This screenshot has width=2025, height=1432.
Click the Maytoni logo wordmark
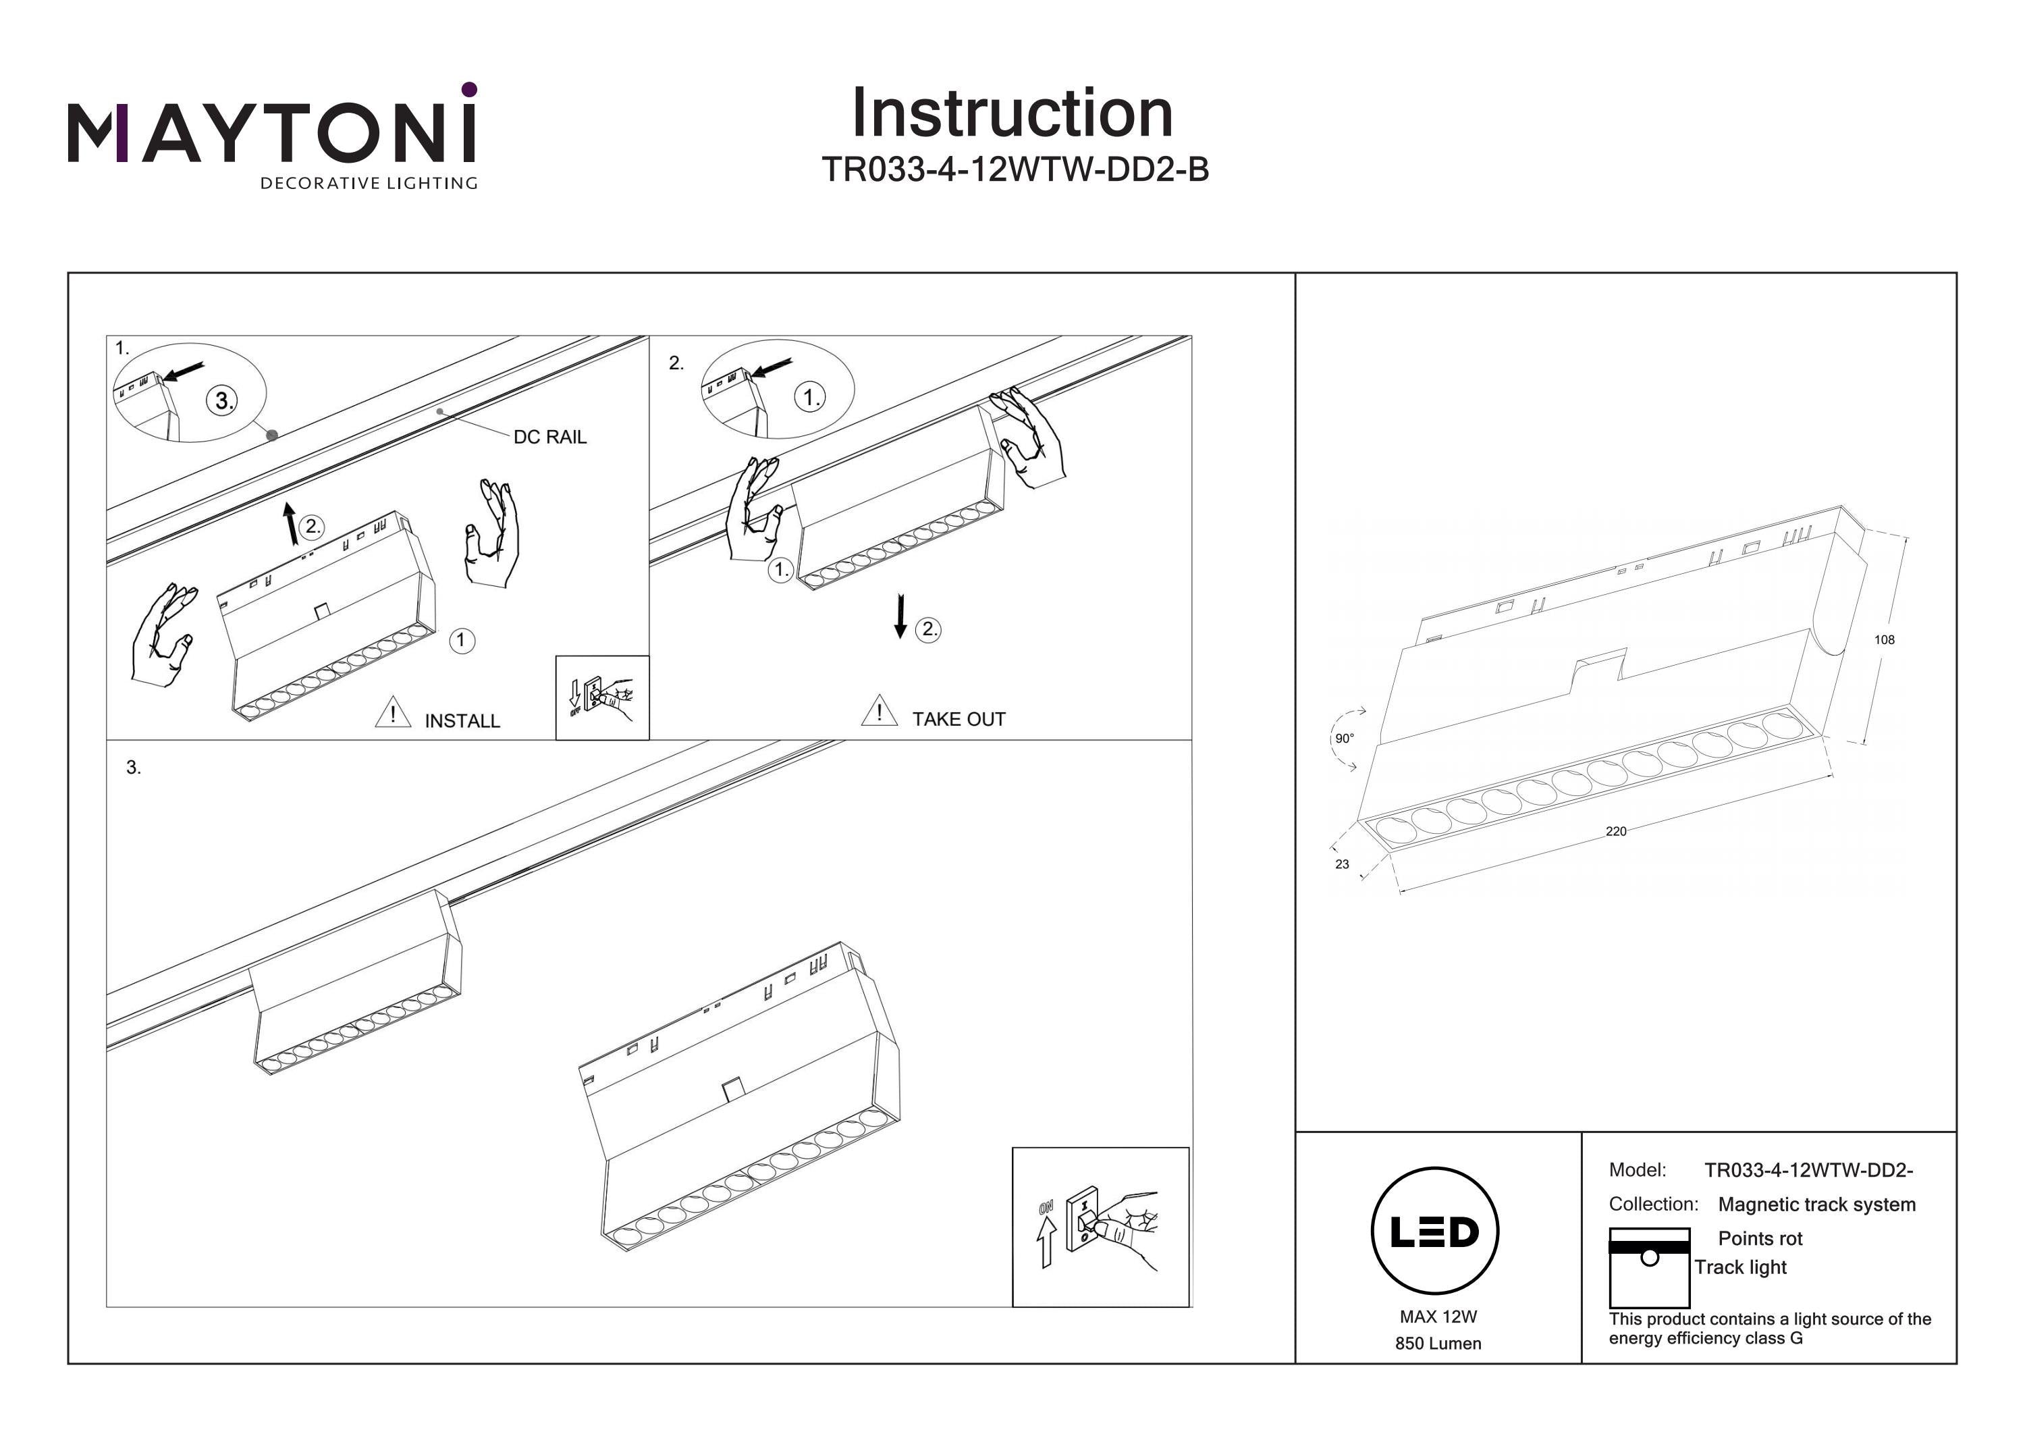coord(271,132)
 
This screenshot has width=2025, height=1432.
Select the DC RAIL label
coord(549,437)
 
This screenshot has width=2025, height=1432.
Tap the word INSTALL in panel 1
coord(462,721)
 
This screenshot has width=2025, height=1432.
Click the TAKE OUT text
coord(959,719)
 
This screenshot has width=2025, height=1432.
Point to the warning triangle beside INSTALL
coord(392,713)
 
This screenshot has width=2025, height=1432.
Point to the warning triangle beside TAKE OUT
coord(880,711)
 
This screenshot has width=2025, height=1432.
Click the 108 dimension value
coord(1884,639)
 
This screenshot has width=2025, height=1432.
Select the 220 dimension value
coord(1616,831)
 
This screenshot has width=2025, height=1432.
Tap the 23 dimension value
coord(1341,865)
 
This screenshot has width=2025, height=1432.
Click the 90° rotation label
coord(1344,739)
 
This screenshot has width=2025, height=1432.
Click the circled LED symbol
coord(1435,1231)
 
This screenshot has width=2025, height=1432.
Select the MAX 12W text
coord(1438,1317)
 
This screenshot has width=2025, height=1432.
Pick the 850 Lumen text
coord(1438,1344)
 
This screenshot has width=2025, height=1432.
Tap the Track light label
coord(1740,1267)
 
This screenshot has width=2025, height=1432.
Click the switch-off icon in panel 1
coord(602,697)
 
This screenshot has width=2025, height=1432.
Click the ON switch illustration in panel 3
coord(1100,1227)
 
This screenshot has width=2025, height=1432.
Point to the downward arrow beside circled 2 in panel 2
coord(900,616)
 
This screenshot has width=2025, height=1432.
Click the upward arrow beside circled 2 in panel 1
coord(290,524)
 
